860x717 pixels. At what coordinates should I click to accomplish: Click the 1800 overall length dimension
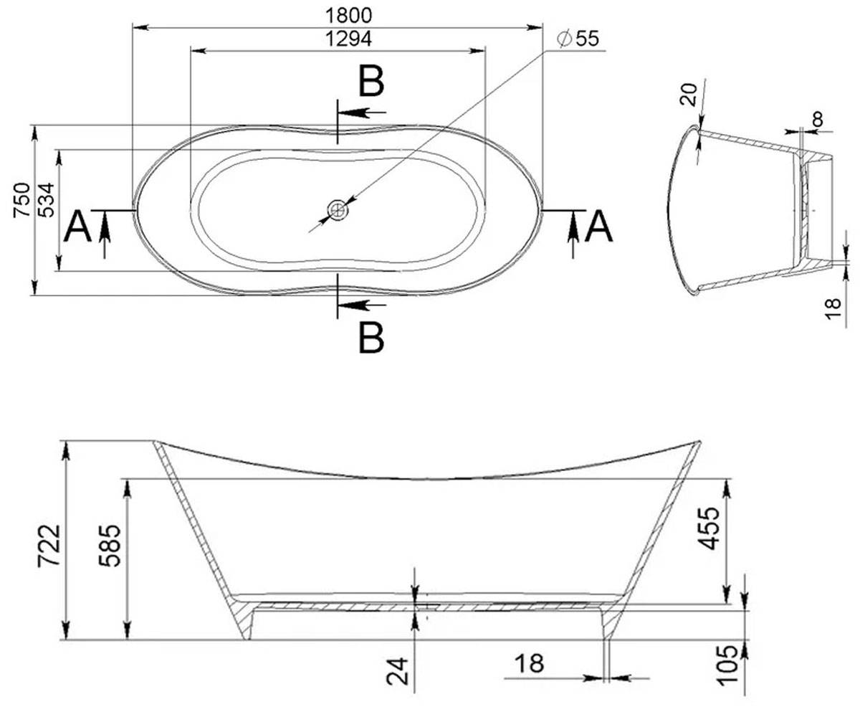click(x=348, y=16)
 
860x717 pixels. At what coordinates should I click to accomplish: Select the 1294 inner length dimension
click(x=348, y=39)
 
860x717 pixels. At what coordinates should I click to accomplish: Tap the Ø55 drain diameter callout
click(x=578, y=39)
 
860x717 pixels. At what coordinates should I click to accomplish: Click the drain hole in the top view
click(x=338, y=210)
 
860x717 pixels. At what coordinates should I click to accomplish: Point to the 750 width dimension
click(x=21, y=200)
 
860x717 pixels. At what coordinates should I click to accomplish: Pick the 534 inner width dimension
click(x=46, y=200)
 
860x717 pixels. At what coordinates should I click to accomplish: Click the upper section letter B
click(x=371, y=81)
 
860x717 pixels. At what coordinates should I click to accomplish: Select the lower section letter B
click(x=371, y=338)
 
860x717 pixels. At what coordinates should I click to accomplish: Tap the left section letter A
click(x=78, y=227)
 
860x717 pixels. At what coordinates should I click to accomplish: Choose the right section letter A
click(x=598, y=227)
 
